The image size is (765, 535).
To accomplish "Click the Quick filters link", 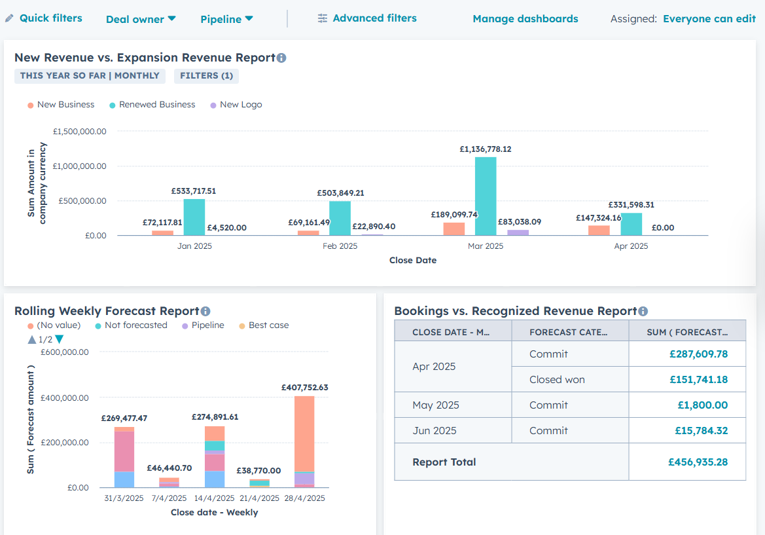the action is pos(51,18).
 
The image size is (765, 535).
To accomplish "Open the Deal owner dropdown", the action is pos(141,19).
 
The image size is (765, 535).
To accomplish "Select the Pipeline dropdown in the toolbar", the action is pos(226,19).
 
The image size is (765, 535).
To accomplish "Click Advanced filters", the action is pos(374,18).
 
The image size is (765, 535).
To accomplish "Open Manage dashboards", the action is pos(525,18).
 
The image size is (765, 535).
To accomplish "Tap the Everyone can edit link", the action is pos(709,18).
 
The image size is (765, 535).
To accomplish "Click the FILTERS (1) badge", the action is pos(206,76).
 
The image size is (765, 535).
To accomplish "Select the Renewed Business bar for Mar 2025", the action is pos(486,196).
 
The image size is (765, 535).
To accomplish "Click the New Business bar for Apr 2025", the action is pos(599,231).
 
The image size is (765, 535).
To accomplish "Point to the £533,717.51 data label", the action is pos(193,191).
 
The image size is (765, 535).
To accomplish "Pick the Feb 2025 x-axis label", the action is pos(340,246).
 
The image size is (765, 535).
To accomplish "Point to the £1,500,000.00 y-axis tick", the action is pos(80,132).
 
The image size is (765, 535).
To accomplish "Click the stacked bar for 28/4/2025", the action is pos(304,442).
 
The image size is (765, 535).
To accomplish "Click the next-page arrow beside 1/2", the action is pos(59,339).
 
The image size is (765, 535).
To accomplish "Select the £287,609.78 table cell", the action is pos(698,354).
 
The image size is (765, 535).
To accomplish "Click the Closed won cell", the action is pos(557,379).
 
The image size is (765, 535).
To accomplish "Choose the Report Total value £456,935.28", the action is pos(698,462).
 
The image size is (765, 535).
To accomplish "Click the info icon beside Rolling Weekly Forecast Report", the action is pos(205,312).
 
